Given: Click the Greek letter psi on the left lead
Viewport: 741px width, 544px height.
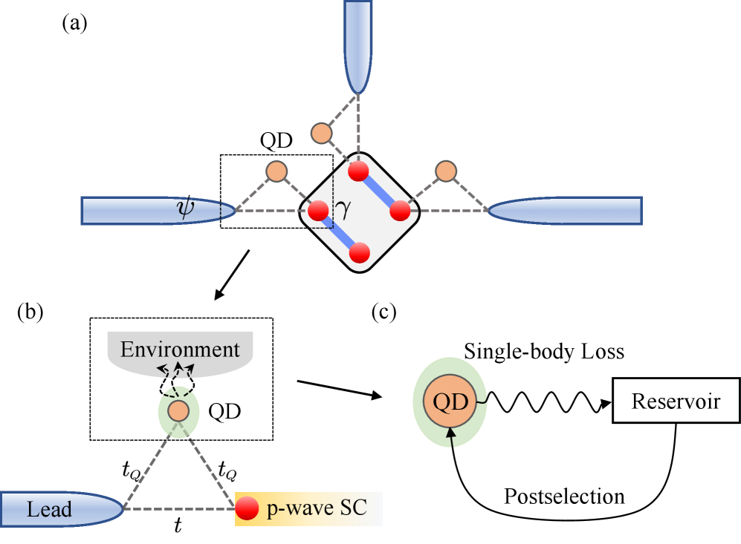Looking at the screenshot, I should pyautogui.click(x=184, y=211).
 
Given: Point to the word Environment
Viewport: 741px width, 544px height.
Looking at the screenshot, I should pyautogui.click(x=180, y=350).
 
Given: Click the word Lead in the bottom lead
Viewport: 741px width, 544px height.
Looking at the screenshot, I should pyautogui.click(x=49, y=510).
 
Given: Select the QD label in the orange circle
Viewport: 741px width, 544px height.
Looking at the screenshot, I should pyautogui.click(x=450, y=402).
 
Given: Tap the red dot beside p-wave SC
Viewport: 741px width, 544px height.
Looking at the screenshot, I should pyautogui.click(x=247, y=508).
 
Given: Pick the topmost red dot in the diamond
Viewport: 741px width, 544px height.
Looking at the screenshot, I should pyautogui.click(x=359, y=171).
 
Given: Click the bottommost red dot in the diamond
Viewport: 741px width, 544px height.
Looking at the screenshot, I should pyautogui.click(x=359, y=253).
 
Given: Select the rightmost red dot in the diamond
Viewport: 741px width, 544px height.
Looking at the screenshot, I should pyautogui.click(x=400, y=211).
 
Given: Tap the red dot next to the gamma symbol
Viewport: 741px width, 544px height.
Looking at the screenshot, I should pyautogui.click(x=318, y=211).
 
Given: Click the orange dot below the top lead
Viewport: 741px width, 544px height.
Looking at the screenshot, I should pyautogui.click(x=320, y=134).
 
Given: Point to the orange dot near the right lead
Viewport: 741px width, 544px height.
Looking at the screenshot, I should pyautogui.click(x=446, y=171).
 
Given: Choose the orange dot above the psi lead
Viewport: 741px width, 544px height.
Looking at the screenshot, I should pyautogui.click(x=276, y=171).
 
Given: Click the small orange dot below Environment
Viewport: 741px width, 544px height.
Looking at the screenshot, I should pyautogui.click(x=178, y=411).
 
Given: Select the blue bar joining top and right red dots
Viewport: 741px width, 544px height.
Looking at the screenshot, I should pyautogui.click(x=380, y=191).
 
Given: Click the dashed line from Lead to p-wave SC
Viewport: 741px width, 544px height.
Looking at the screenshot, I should pyautogui.click(x=178, y=509).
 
